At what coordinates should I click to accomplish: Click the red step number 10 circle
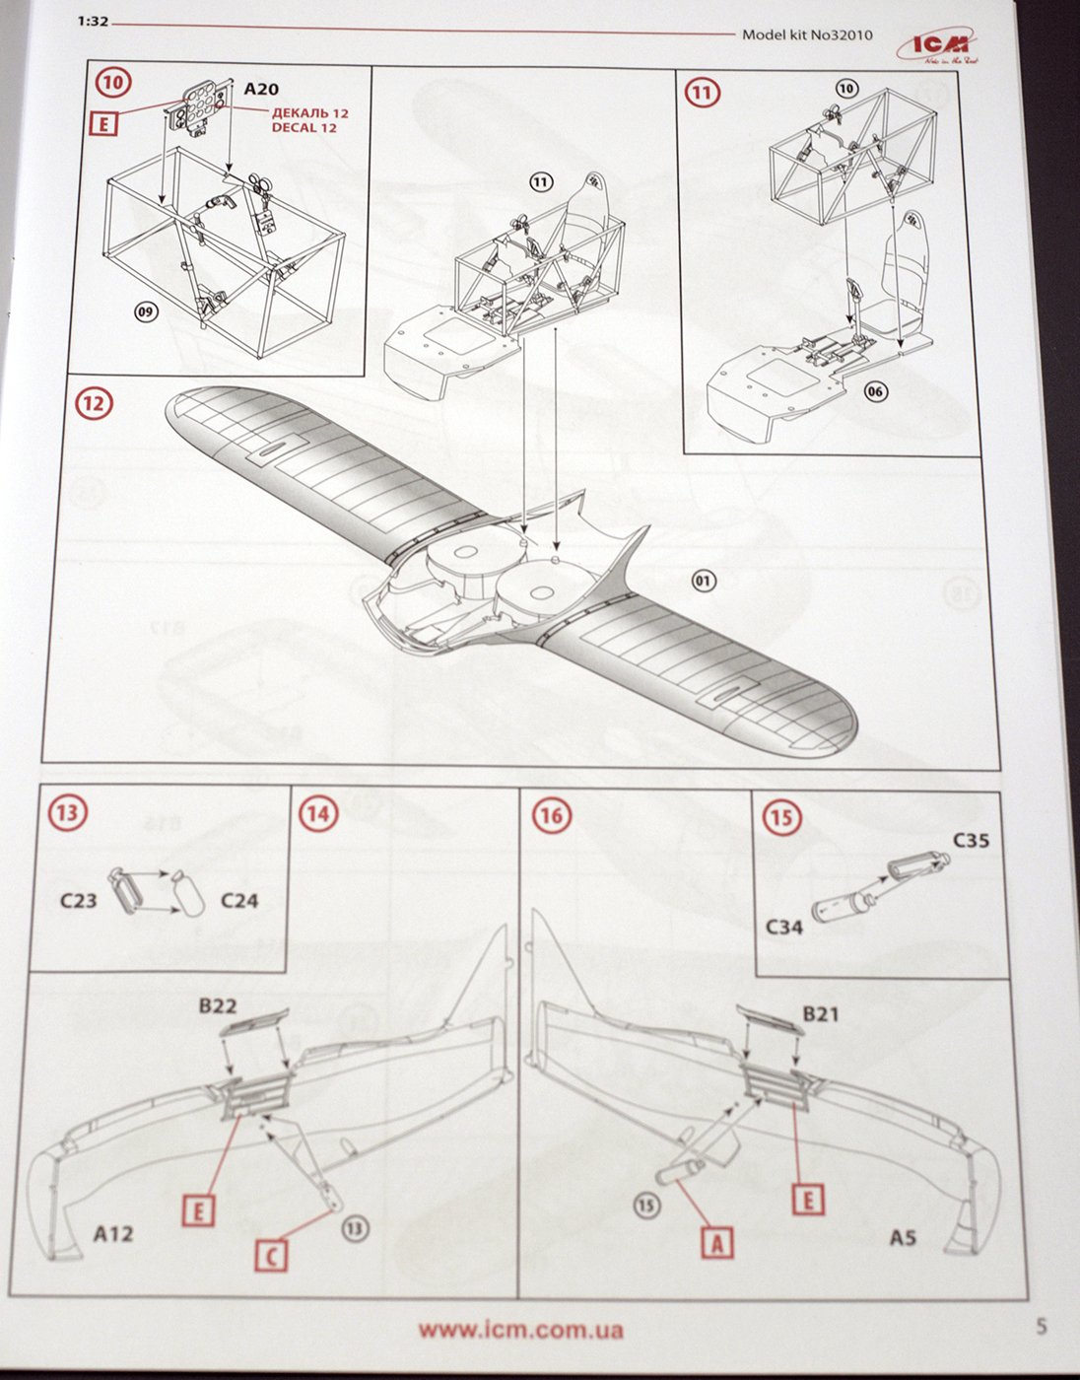(113, 82)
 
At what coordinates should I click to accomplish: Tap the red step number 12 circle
(96, 403)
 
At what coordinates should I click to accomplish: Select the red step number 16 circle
(551, 815)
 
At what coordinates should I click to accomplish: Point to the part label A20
(261, 89)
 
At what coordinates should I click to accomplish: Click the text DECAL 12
(304, 128)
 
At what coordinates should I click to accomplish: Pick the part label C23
(78, 900)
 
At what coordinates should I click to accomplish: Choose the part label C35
(971, 841)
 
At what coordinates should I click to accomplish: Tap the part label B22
(218, 1005)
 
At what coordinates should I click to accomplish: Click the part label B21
(821, 1013)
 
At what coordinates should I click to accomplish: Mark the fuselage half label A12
(113, 1233)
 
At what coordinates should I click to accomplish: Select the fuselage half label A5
(903, 1237)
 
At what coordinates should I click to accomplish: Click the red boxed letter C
(271, 1255)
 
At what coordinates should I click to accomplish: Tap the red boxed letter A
(716, 1243)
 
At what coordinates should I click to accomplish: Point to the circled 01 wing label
(703, 581)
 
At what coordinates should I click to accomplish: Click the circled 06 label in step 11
(875, 391)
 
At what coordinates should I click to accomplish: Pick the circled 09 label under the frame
(146, 312)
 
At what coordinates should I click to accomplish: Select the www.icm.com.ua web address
(520, 1330)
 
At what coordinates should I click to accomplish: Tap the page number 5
(1042, 1327)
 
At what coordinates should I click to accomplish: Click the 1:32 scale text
(93, 22)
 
